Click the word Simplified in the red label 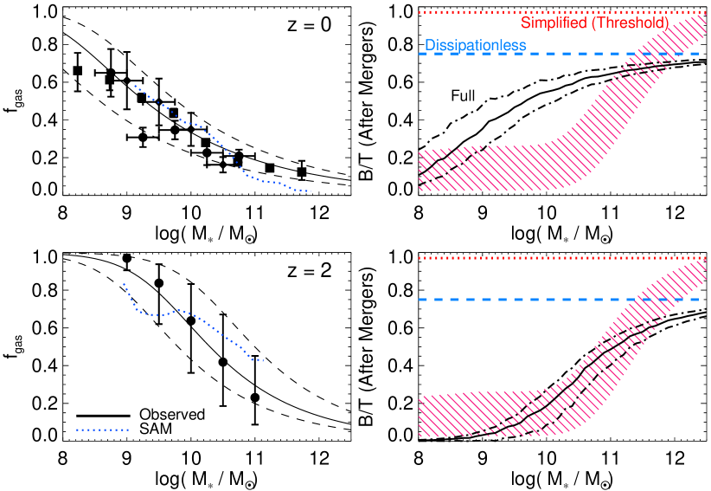coord(554,23)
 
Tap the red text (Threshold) coord(630,23)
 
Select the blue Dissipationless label coord(475,46)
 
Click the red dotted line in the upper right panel coord(467,12)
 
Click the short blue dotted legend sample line coord(102,430)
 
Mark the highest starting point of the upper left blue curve coord(135,86)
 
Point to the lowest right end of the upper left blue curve coord(309,191)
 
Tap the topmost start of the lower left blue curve coord(125,283)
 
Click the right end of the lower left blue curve coord(262,360)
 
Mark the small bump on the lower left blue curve coord(178,309)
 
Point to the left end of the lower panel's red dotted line coord(420,258)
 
